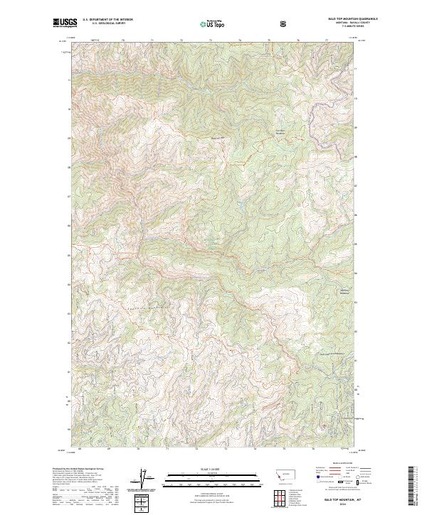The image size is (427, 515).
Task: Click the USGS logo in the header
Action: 65,23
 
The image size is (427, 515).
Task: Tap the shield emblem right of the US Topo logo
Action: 285,23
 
